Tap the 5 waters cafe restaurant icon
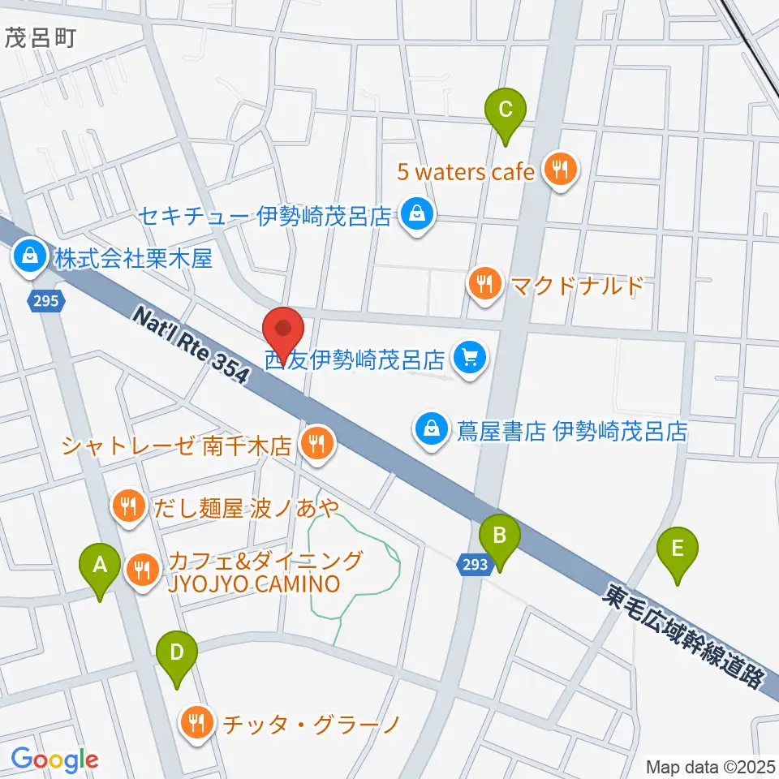click(559, 170)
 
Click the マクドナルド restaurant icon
click(484, 283)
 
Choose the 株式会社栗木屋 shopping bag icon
click(28, 256)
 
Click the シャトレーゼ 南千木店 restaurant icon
click(314, 443)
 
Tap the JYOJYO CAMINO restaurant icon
click(144, 570)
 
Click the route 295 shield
click(46, 302)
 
